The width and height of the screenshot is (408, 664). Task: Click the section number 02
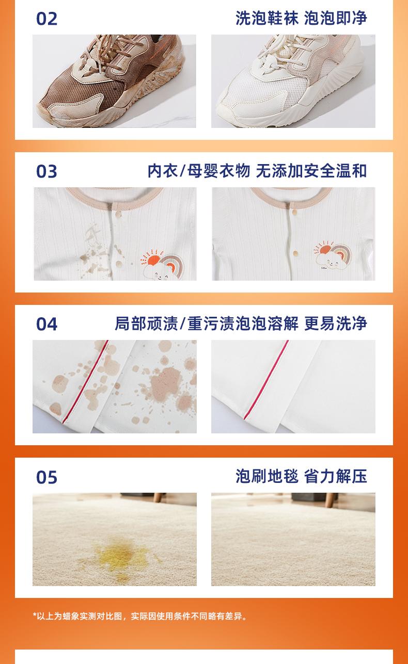coord(46,19)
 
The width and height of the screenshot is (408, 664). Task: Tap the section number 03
coord(46,171)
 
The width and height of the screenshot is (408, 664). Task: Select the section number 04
coord(46,324)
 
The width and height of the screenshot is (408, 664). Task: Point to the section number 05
coord(46,477)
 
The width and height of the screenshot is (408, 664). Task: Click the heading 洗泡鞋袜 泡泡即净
coord(301,18)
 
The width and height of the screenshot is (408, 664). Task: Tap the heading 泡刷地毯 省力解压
coord(301,476)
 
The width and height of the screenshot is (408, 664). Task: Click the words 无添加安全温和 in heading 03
coord(311,171)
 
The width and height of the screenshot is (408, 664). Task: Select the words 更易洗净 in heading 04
coord(336,323)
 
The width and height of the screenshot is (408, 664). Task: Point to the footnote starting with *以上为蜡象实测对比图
coord(140,617)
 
